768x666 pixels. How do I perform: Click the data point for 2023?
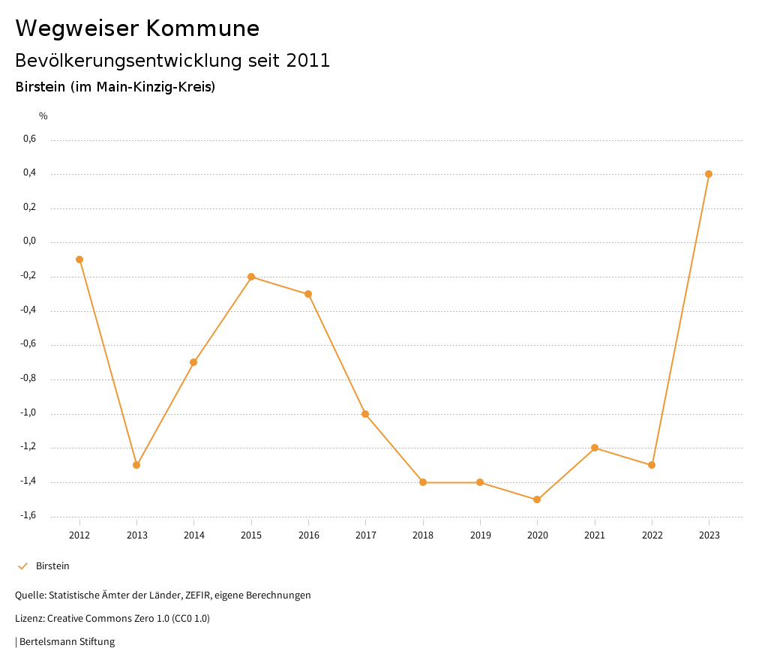709,174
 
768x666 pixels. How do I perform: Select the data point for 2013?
136,465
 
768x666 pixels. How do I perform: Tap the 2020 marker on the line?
537,499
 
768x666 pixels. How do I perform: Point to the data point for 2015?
251,277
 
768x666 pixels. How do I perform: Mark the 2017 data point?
365,414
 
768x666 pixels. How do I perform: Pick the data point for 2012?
79,259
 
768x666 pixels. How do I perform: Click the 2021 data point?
595,448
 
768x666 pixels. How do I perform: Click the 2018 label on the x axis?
423,535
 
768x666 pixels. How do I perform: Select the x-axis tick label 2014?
194,535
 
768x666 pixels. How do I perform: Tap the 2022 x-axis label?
652,535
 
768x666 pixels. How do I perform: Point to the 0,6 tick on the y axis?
29,139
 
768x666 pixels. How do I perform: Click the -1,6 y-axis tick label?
28,516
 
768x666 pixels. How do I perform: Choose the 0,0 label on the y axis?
29,241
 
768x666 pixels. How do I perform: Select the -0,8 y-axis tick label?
28,379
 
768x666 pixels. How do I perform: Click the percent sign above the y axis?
43,116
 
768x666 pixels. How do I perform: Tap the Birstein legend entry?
52,566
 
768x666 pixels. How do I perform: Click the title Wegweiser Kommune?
137,28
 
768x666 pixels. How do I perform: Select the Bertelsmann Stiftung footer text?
67,642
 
